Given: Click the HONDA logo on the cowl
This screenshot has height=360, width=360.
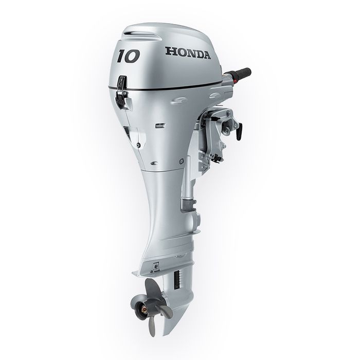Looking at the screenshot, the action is tap(188, 53).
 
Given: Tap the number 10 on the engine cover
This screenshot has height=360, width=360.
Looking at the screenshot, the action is tap(129, 56).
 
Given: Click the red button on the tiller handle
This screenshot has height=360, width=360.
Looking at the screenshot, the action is tap(235, 81).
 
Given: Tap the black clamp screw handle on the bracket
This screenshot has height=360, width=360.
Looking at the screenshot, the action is tap(239, 131).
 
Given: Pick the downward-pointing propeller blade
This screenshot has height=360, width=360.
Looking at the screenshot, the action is tap(152, 327).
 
